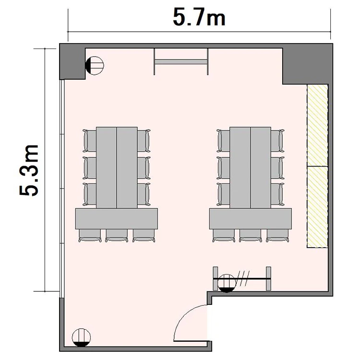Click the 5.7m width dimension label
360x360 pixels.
click(x=199, y=17)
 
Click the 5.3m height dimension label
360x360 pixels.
click(x=29, y=170)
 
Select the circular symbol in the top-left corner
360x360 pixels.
click(x=95, y=65)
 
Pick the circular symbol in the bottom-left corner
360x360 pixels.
click(x=81, y=337)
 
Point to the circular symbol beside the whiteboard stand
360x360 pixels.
click(x=227, y=283)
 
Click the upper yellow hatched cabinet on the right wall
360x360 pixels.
click(x=318, y=125)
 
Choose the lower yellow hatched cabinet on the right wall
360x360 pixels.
click(x=318, y=207)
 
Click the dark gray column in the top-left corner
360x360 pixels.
click(x=72, y=61)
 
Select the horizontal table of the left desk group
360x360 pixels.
click(x=117, y=218)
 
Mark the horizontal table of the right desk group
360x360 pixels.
click(x=251, y=218)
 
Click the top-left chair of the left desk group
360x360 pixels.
click(x=90, y=141)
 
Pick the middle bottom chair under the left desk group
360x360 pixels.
click(x=117, y=235)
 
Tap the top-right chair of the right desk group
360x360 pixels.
click(x=277, y=141)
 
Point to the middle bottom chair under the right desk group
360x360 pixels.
click(x=250, y=235)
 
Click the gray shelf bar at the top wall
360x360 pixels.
click(x=181, y=62)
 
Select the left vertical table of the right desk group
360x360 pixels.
click(x=240, y=168)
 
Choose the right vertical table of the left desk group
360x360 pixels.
click(x=127, y=168)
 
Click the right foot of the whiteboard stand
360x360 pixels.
click(x=268, y=278)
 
